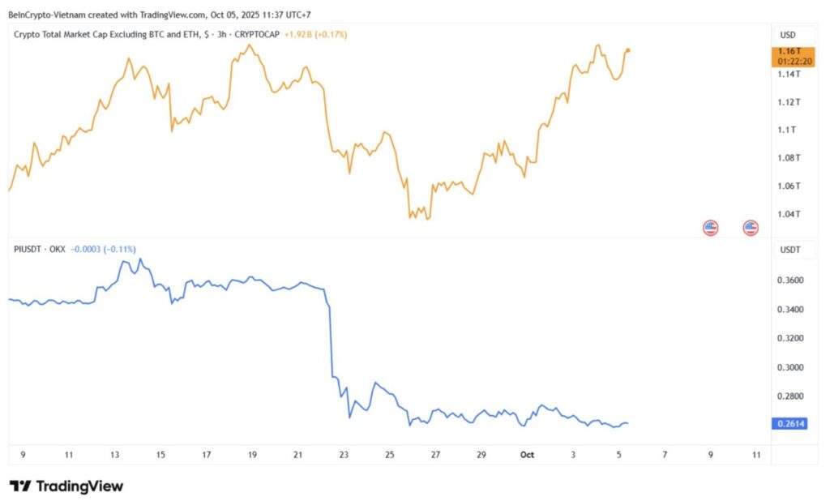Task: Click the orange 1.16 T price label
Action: point(787,51)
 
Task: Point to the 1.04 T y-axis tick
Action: point(787,215)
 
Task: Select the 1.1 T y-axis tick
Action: point(785,130)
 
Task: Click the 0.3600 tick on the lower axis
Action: point(789,280)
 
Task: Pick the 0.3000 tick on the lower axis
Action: point(789,367)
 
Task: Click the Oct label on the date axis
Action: point(527,455)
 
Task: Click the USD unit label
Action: point(787,35)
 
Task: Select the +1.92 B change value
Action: point(304,35)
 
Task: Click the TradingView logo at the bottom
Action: point(66,486)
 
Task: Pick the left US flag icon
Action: point(710,228)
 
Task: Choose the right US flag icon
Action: point(751,228)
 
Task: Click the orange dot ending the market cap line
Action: point(629,50)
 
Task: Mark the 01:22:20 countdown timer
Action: point(794,62)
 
